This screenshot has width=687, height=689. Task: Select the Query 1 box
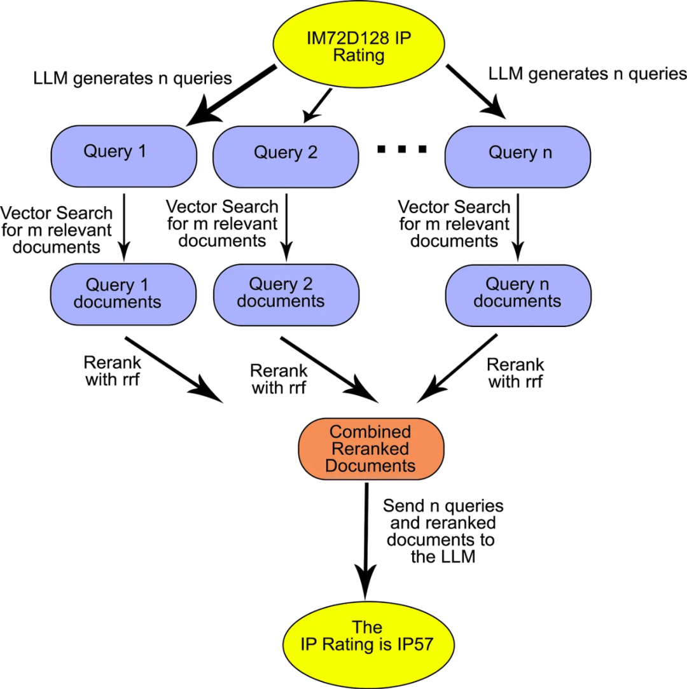(123, 156)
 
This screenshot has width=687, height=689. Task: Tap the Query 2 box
(286, 157)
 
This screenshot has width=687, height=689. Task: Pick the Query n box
(517, 157)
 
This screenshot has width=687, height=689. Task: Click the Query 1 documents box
(123, 294)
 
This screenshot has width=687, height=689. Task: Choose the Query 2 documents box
(286, 295)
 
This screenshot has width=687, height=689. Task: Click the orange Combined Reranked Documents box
(371, 449)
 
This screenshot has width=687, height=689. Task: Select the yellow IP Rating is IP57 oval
(368, 644)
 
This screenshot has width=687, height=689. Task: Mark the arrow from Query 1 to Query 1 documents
(124, 226)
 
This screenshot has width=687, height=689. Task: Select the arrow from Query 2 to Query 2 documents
(286, 226)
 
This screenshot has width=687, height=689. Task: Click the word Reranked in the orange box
(370, 449)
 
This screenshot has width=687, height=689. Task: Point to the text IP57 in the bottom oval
(413, 644)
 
